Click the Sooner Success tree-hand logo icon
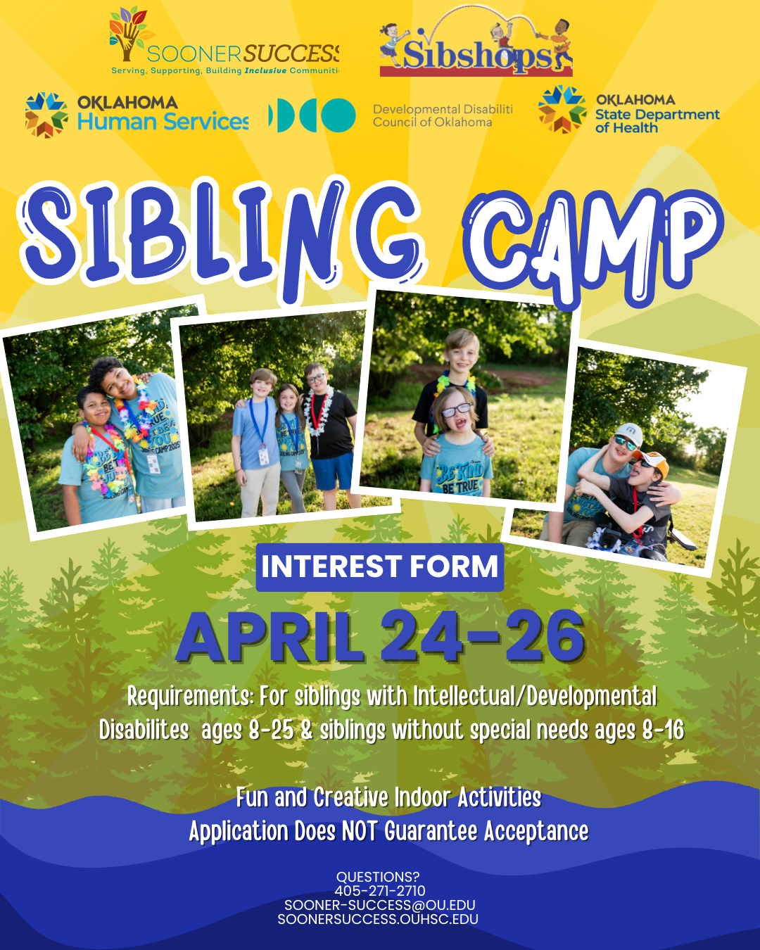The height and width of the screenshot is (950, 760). pyautogui.click(x=128, y=34)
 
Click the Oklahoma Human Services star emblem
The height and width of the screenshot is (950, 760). pyautogui.click(x=46, y=115)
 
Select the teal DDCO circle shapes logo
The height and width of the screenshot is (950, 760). pyautogui.click(x=312, y=115)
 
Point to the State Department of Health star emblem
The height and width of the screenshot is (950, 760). pyautogui.click(x=562, y=110)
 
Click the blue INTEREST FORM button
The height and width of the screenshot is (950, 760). pyautogui.click(x=379, y=566)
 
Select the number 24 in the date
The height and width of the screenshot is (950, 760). pyautogui.click(x=421, y=636)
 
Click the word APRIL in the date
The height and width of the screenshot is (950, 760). pyautogui.click(x=270, y=636)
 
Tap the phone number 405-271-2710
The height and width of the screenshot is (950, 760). pyautogui.click(x=379, y=891)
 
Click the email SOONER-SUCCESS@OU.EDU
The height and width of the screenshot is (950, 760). pyautogui.click(x=379, y=905)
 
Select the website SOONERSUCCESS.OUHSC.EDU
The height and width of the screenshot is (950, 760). pyautogui.click(x=378, y=919)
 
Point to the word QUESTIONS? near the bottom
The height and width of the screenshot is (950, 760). pyautogui.click(x=378, y=877)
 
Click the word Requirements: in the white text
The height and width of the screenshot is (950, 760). pyautogui.click(x=190, y=697)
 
